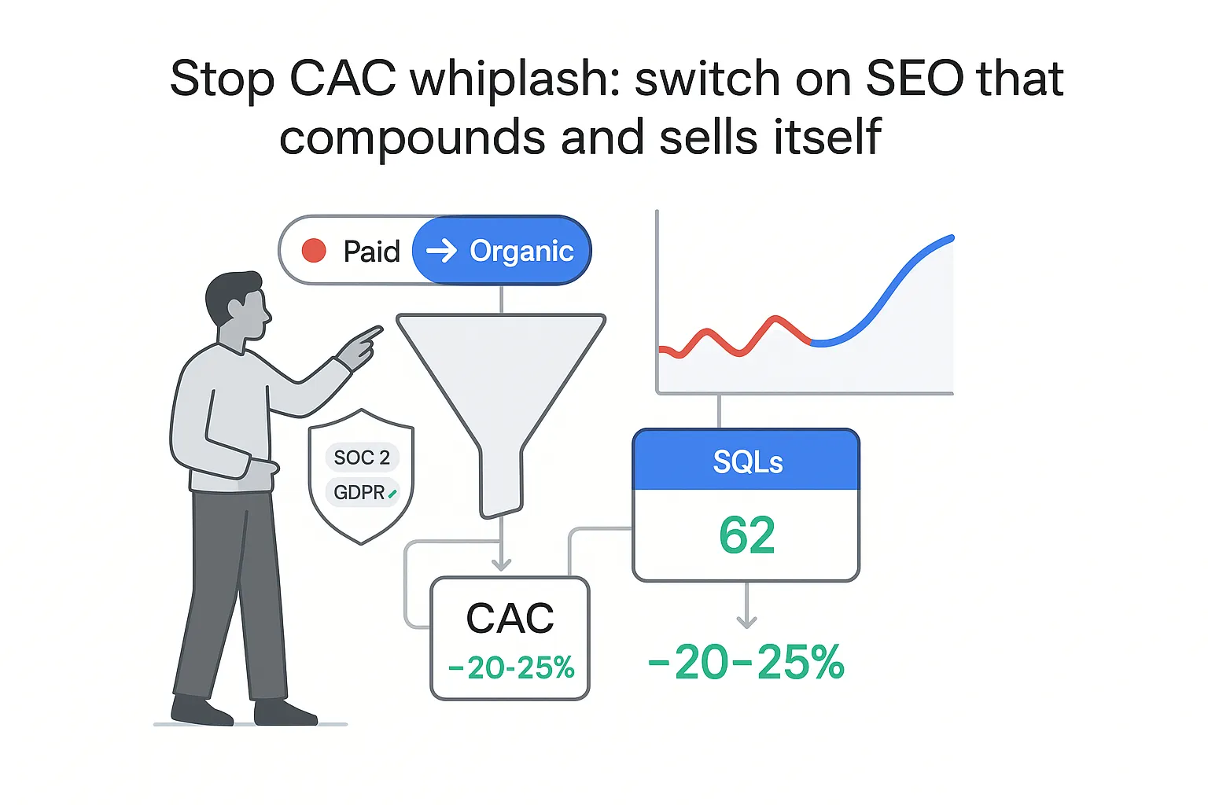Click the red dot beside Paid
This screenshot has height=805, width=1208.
(314, 251)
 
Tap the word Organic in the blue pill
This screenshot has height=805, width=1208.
(521, 251)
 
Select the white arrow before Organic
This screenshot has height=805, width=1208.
(441, 251)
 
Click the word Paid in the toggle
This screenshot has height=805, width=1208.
(371, 252)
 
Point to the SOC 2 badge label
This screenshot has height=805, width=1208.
(362, 458)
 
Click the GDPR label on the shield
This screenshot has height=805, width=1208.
(360, 493)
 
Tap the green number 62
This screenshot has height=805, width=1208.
(746, 535)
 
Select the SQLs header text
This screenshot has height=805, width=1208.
(747, 462)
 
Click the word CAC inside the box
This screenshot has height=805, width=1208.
(510, 619)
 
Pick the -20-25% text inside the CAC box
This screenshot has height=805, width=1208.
(511, 668)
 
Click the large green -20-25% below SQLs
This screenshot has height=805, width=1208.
(746, 663)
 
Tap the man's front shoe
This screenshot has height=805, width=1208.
(285, 712)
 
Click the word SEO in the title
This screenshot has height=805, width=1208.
(915, 79)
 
